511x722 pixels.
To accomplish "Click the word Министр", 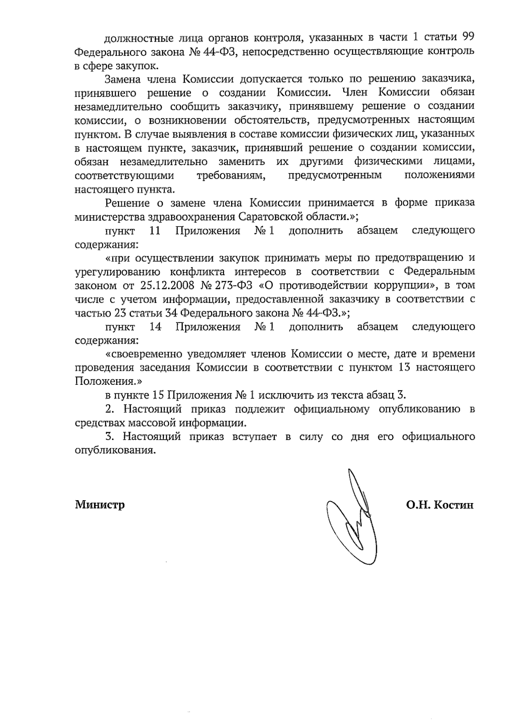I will (x=100, y=505).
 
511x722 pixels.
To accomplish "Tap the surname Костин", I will (x=454, y=505).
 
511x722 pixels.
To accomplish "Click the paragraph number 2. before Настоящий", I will (x=109, y=409).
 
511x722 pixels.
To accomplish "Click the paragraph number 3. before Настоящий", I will (x=109, y=436).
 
